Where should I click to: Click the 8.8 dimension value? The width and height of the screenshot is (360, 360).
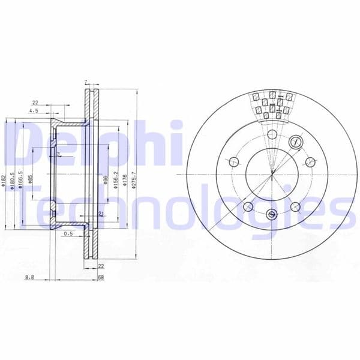pyautogui.click(x=29, y=277)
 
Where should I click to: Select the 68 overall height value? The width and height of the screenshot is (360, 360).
pyautogui.click(x=101, y=277)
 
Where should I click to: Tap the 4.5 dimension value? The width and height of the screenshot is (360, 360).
pyautogui.click(x=35, y=110)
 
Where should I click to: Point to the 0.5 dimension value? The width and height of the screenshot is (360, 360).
pyautogui.click(x=68, y=234)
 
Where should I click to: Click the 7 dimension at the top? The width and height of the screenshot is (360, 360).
pyautogui.click(x=86, y=82)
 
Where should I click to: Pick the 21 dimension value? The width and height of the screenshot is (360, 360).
pyautogui.click(x=101, y=214)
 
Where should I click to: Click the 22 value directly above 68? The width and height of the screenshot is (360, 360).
pyautogui.click(x=101, y=266)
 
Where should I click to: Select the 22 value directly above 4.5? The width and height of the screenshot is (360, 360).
pyautogui.click(x=35, y=101)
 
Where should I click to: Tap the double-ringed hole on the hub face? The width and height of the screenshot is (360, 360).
pyautogui.click(x=295, y=142)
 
